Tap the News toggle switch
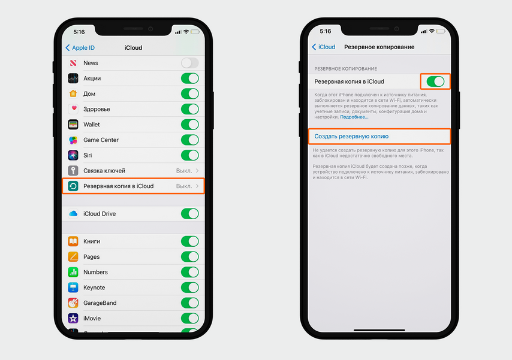coord(189,63)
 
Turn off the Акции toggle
coord(189,78)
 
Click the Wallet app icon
coord(73,125)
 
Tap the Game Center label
coord(101,140)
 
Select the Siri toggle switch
coord(189,155)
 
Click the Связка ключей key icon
coord(73,171)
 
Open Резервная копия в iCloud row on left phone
coord(133,186)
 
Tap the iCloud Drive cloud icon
coord(73,214)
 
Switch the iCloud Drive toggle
coord(189,214)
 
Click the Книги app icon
coord(73,241)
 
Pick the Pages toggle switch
coord(189,256)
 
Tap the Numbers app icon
coord(73,272)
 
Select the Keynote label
coord(94,288)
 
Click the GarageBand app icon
coord(73,303)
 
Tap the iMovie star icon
coord(73,318)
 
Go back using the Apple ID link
coord(80,48)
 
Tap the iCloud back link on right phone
coord(324,47)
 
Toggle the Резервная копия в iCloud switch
coord(435,81)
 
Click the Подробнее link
coord(354,117)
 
